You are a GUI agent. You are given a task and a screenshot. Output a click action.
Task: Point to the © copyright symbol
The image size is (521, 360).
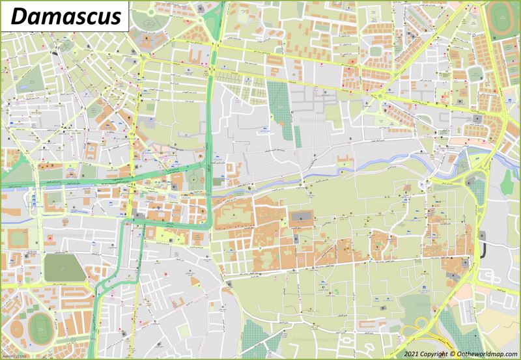tap(453, 353)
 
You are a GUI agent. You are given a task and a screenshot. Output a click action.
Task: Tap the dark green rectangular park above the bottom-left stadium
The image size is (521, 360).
tap(64, 268)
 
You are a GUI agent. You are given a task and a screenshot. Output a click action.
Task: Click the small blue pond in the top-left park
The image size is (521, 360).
tap(23, 85)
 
